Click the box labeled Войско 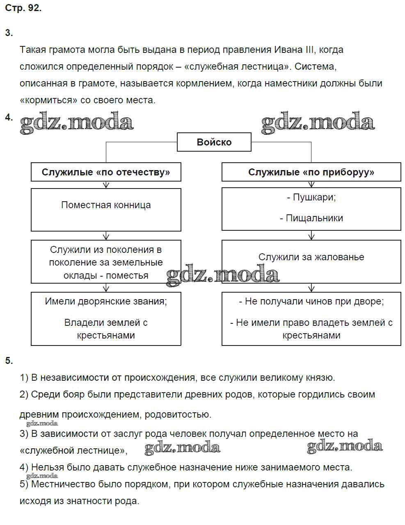click(x=214, y=142)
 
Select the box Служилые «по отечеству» click(x=106, y=172)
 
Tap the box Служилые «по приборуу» click(x=311, y=172)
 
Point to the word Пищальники click(x=314, y=218)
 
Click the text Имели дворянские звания click(x=106, y=302)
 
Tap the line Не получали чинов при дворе click(x=311, y=302)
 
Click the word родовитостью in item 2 click(x=178, y=415)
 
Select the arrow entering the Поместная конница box click(x=106, y=185)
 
